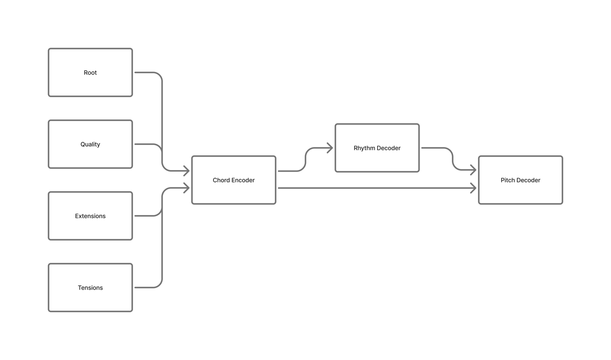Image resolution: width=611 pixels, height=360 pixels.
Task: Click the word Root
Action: pos(90,73)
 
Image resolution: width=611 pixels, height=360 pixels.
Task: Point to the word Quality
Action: pos(90,145)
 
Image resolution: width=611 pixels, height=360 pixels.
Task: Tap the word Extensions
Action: pos(90,216)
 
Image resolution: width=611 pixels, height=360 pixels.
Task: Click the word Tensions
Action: pos(90,288)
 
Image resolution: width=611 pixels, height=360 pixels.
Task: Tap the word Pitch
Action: pos(508,180)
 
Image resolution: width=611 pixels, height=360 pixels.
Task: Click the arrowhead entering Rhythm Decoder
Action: pos(330,148)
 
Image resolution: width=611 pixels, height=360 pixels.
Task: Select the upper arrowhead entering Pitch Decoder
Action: pos(473,170)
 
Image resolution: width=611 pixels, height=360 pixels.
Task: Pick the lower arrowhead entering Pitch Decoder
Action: pos(473,188)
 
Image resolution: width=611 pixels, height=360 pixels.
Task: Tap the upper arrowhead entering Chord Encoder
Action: pos(186,171)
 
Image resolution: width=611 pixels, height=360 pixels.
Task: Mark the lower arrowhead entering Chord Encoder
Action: pos(186,188)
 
